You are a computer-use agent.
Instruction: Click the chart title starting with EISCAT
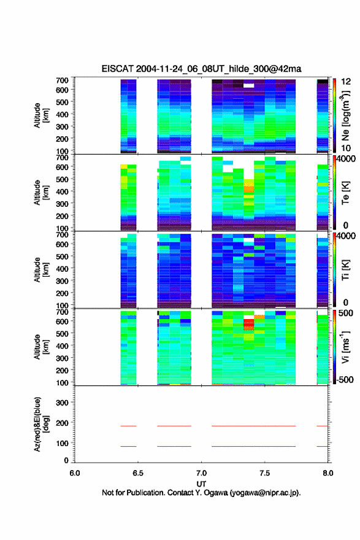201,69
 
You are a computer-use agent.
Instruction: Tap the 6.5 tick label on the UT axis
138,473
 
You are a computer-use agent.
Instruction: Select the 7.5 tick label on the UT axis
264,473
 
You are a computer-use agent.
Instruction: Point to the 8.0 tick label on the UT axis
328,473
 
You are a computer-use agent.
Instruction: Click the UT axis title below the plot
201,484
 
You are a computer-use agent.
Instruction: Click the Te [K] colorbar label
345,193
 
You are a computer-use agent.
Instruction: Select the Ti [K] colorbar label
345,270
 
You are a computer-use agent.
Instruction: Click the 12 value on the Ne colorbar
346,82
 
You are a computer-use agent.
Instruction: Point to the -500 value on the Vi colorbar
345,379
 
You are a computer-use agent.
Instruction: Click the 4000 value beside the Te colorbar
346,159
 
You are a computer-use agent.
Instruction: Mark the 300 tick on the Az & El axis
63,403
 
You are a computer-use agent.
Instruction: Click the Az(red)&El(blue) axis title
41,424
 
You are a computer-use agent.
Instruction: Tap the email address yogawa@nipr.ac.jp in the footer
266,493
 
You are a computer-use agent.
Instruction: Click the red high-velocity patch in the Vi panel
249,325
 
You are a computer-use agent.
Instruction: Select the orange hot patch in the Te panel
249,188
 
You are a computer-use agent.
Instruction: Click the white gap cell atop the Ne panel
249,85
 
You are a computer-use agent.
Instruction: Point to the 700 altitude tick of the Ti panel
63,235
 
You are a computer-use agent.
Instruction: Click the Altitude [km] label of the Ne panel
41,115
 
